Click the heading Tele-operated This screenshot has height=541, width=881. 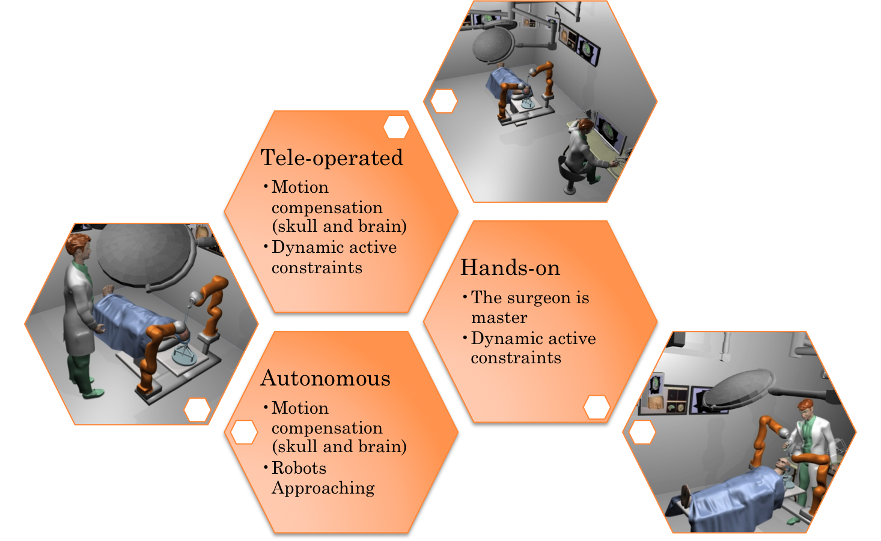tap(332, 158)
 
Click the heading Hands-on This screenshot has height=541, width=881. tap(510, 268)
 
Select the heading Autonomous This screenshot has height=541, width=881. tap(325, 378)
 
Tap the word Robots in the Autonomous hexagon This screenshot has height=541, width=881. tap(299, 468)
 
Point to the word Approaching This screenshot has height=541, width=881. tap(323, 488)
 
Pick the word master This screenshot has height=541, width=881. tap(499, 318)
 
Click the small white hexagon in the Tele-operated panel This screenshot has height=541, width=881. tap(397, 127)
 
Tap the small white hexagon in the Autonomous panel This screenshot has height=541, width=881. tap(244, 432)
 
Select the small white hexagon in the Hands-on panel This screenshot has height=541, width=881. tap(597, 407)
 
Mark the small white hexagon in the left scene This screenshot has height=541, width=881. tap(197, 410)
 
